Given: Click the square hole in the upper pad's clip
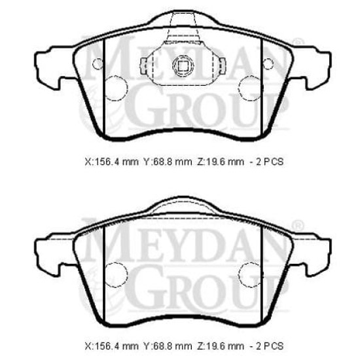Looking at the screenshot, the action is tap(183, 66).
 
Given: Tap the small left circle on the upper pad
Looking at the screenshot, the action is tap(98, 63).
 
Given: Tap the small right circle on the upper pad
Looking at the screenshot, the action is tap(268, 63).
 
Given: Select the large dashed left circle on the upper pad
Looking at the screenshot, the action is tap(117, 88).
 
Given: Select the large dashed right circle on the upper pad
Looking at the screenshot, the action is tap(249, 88).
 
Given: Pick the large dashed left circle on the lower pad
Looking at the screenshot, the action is tap(117, 275).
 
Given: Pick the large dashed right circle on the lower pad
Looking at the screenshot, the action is tap(249, 275).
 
